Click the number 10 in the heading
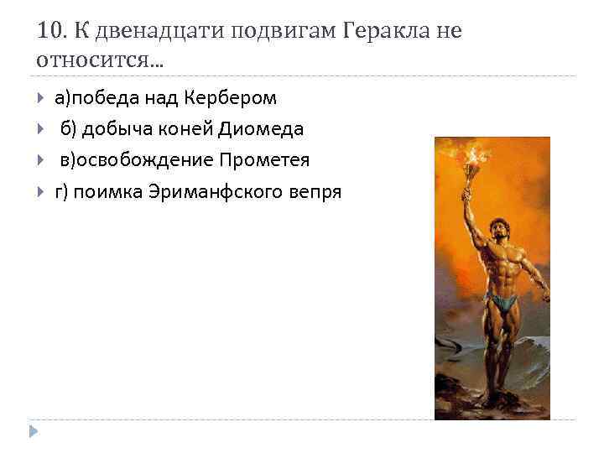pyautogui.click(x=49, y=31)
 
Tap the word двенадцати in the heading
pyautogui.click(x=143, y=31)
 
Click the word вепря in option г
pyautogui.click(x=313, y=191)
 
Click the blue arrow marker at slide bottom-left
pyautogui.click(x=33, y=430)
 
